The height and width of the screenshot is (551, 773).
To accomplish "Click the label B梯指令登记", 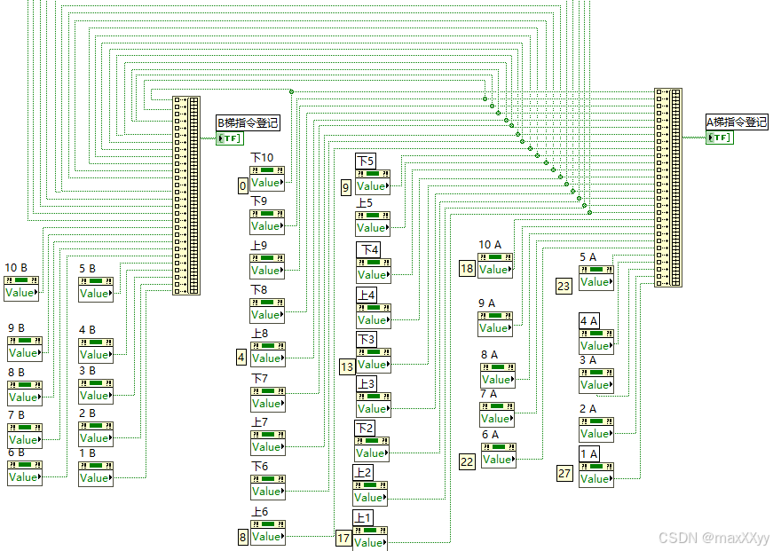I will [248, 123].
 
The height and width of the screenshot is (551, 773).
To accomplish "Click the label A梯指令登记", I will [737, 122].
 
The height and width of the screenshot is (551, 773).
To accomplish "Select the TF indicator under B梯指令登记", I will [229, 138].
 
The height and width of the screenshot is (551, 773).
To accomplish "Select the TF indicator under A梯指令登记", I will [720, 138].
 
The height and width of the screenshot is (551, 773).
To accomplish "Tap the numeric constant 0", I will [241, 186].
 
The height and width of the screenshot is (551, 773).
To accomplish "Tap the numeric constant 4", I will [241, 358].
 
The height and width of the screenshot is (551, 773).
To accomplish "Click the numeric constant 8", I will [242, 537].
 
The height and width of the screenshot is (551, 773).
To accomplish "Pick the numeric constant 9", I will [346, 187].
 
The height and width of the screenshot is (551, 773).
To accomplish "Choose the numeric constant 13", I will [347, 366].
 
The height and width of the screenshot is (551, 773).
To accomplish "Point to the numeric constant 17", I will [343, 539].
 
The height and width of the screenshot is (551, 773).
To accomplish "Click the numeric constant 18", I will [467, 269].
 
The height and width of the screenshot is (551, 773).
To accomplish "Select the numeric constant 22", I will [467, 460].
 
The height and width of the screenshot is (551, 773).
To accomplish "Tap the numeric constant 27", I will [564, 473].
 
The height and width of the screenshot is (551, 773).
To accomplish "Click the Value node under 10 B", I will [22, 293].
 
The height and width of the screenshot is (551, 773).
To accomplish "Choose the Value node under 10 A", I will [494, 269].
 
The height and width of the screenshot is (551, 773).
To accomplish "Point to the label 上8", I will [259, 335].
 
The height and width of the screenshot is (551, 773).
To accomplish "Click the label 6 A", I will [491, 434].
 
